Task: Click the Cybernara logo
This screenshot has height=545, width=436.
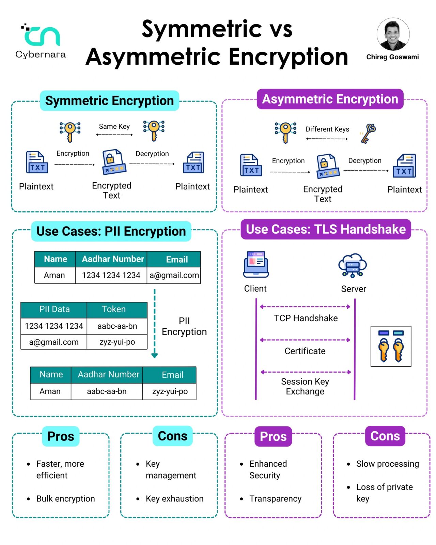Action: [41, 41]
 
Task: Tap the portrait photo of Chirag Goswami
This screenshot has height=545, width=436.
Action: [393, 34]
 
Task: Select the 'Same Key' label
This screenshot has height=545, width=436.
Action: [114, 126]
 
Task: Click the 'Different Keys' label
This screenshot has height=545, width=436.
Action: [327, 129]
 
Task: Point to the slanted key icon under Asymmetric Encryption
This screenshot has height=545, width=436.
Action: [368, 134]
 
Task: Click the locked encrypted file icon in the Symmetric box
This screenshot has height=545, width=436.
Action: [114, 162]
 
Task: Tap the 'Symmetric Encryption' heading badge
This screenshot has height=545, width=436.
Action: [109, 100]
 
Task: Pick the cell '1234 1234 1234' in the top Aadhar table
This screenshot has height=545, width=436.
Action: [111, 275]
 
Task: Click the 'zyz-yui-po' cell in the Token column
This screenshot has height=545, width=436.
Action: [117, 342]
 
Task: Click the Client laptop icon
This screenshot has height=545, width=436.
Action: [256, 264]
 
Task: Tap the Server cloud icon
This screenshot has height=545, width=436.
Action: [353, 265]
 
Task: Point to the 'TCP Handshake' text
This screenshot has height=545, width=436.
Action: [306, 318]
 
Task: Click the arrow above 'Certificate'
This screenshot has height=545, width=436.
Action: [305, 340]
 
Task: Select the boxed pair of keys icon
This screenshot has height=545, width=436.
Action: [391, 346]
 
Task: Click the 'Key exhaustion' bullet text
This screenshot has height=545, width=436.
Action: [174, 499]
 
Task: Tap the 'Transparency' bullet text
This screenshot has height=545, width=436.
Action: [275, 499]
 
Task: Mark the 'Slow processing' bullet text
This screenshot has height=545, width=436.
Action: [388, 464]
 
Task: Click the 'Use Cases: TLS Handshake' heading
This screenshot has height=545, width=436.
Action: [326, 229]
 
